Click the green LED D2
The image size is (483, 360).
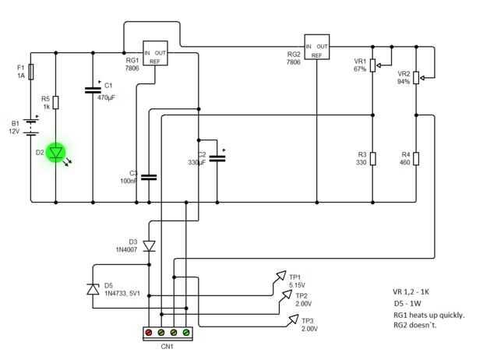click(x=56, y=154)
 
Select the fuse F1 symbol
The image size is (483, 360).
click(x=31, y=72)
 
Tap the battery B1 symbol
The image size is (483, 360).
click(x=31, y=126)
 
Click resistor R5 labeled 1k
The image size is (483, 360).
click(x=56, y=102)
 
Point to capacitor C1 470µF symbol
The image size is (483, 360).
click(x=93, y=90)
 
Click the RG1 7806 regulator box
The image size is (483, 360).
click(x=156, y=51)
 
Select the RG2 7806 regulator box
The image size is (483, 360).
click(x=317, y=47)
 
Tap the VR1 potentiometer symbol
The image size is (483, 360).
click(x=372, y=65)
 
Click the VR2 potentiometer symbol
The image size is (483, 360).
click(x=417, y=76)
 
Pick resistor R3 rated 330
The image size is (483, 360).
click(x=372, y=159)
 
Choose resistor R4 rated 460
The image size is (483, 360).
click(x=417, y=159)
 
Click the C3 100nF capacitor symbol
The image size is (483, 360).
click(x=149, y=177)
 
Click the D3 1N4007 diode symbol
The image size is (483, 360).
click(x=149, y=246)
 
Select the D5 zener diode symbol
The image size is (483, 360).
click(x=93, y=289)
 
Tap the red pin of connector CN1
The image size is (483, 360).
click(x=149, y=334)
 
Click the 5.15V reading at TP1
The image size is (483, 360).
click(x=297, y=285)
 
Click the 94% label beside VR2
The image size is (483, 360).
click(x=403, y=81)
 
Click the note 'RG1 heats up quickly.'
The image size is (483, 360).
click(x=428, y=315)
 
